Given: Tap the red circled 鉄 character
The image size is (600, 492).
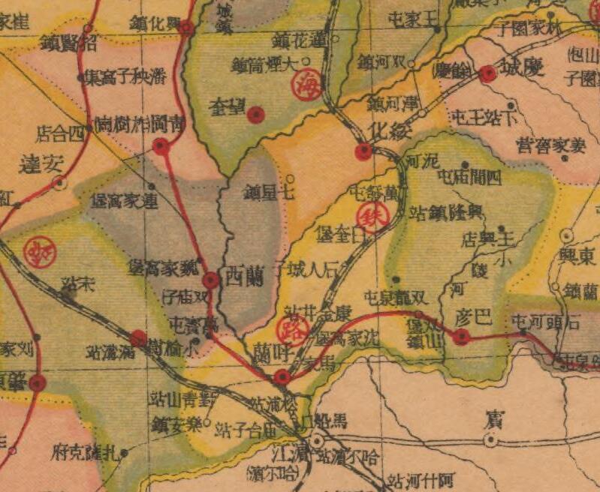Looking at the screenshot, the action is (x=370, y=217).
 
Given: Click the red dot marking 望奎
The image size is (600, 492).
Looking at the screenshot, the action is (x=257, y=115).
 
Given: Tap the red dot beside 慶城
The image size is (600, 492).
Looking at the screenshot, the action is (x=488, y=73).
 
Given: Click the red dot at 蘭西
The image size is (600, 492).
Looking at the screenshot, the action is (x=211, y=280).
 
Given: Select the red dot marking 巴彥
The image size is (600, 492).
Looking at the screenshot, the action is (x=461, y=337).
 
